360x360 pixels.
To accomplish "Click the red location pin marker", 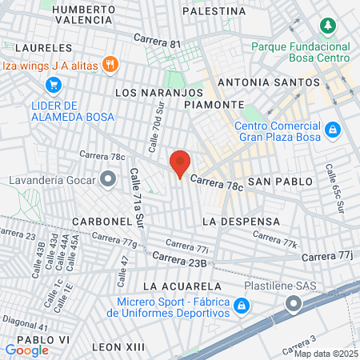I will point(180,163).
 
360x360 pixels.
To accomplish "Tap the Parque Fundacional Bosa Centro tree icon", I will point(327,26).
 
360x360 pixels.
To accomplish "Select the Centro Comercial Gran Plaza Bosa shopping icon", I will point(333,129).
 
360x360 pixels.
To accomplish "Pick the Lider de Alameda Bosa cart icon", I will point(53,85).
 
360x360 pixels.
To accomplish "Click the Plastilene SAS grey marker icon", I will point(294,303).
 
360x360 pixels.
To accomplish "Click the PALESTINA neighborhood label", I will point(214,11).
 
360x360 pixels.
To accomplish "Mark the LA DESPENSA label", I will point(241,220).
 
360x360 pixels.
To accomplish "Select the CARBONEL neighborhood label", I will point(102,220).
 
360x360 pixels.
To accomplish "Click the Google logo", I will point(26,350).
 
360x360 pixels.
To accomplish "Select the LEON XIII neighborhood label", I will point(118,346).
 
